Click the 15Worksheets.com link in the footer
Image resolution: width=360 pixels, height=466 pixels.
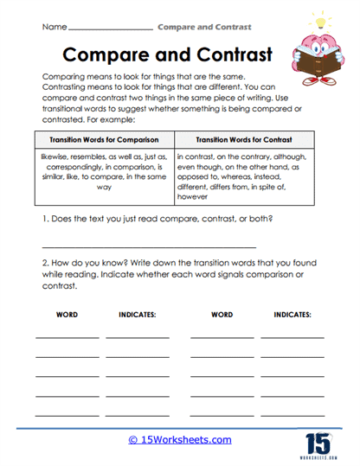[x=181, y=440]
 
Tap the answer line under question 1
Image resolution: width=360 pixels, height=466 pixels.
[x=125, y=246]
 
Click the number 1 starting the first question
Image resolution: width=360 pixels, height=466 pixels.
[x=45, y=220]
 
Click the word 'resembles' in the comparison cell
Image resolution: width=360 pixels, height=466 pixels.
[x=106, y=157]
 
